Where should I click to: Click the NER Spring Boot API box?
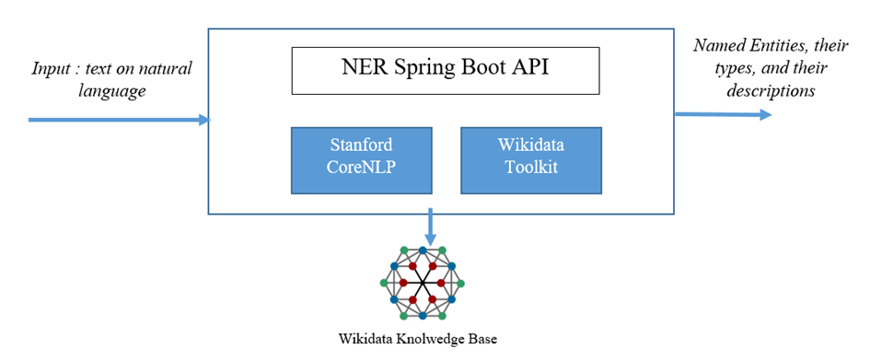coord(446,70)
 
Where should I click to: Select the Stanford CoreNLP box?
coord(362,160)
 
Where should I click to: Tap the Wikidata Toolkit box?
coord(531,160)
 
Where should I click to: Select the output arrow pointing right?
coord(723,114)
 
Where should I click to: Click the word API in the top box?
coord(528,70)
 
